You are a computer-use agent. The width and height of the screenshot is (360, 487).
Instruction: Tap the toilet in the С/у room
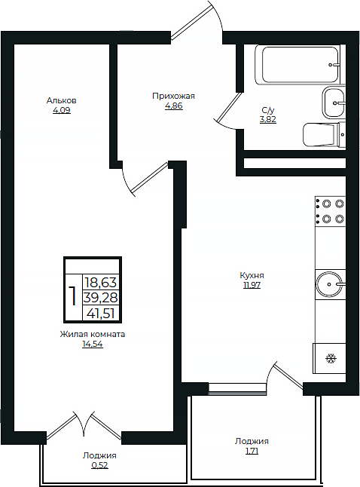[x=324, y=134]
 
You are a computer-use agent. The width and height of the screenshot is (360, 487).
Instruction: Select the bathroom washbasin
[x=334, y=103]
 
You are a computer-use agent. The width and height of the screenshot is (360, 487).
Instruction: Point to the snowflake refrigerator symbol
[x=331, y=358]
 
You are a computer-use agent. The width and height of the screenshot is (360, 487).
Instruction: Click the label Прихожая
[x=173, y=96]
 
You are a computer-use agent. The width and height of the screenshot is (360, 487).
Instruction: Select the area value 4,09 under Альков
[x=62, y=110]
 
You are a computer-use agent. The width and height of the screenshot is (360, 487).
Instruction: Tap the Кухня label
[x=252, y=275]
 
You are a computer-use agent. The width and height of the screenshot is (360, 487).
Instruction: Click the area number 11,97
[x=252, y=285]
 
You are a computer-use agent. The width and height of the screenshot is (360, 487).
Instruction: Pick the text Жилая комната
[x=93, y=334]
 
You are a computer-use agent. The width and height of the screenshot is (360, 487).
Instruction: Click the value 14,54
[x=93, y=344]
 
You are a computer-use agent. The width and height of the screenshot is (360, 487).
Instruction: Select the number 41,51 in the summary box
[x=101, y=314]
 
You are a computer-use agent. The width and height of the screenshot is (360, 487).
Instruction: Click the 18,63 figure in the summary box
[x=101, y=283]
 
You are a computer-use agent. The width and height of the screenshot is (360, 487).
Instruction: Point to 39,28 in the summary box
[x=101, y=298]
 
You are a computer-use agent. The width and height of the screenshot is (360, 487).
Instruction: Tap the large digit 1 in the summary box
[x=73, y=296]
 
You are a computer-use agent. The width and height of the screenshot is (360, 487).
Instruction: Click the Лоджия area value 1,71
[x=252, y=451]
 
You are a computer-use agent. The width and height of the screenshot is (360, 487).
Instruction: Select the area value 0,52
[x=99, y=465]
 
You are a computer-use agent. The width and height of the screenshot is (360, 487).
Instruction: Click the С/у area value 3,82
[x=268, y=120]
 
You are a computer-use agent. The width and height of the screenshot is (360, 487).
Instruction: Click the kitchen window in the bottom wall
[x=237, y=388]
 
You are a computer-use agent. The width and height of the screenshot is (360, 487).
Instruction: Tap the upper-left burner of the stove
[x=326, y=204]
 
